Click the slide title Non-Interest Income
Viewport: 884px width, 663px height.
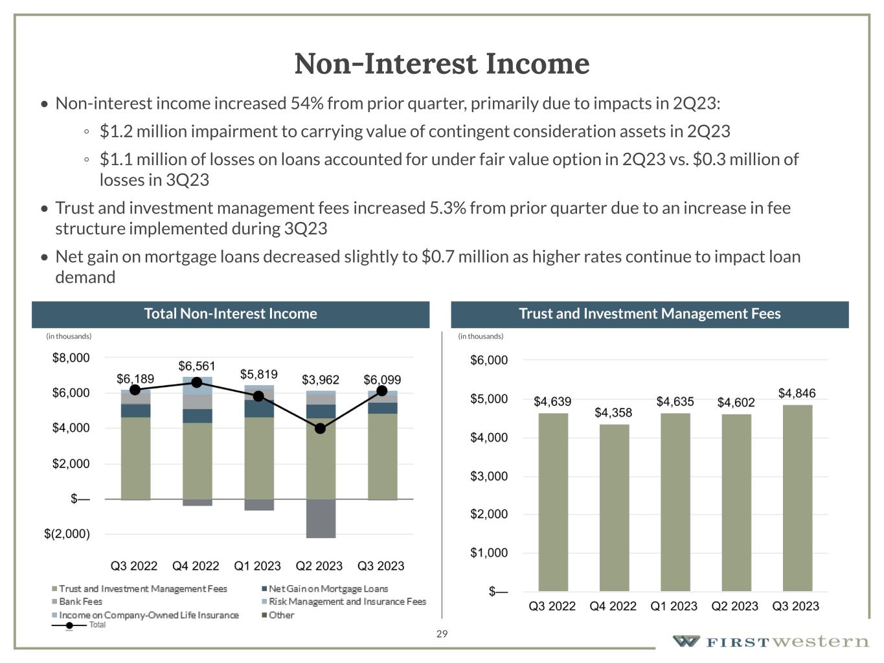pyautogui.click(x=442, y=63)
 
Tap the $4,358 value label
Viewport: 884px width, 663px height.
pyautogui.click(x=613, y=412)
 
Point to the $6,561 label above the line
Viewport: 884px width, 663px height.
pyautogui.click(x=197, y=366)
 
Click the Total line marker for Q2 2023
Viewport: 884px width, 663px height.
pyautogui.click(x=320, y=429)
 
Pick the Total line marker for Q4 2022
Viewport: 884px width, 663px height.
pyautogui.click(x=197, y=383)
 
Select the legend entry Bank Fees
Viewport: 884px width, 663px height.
pyautogui.click(x=80, y=601)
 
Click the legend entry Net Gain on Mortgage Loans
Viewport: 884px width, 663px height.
pyautogui.click(x=328, y=589)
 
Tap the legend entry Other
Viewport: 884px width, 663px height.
pyautogui.click(x=281, y=615)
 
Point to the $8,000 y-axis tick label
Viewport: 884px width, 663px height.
pyautogui.click(x=71, y=358)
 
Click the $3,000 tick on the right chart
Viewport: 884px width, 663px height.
pyautogui.click(x=489, y=477)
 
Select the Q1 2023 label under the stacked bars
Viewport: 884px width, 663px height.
pyautogui.click(x=257, y=566)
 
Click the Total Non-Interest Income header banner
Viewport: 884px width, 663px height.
pyautogui.click(x=231, y=314)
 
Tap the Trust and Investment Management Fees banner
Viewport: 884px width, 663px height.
pyautogui.click(x=650, y=314)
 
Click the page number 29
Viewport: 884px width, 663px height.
pyautogui.click(x=442, y=634)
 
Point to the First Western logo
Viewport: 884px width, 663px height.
pyautogui.click(x=771, y=642)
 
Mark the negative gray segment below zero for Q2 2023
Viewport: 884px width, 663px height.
pyautogui.click(x=321, y=519)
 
